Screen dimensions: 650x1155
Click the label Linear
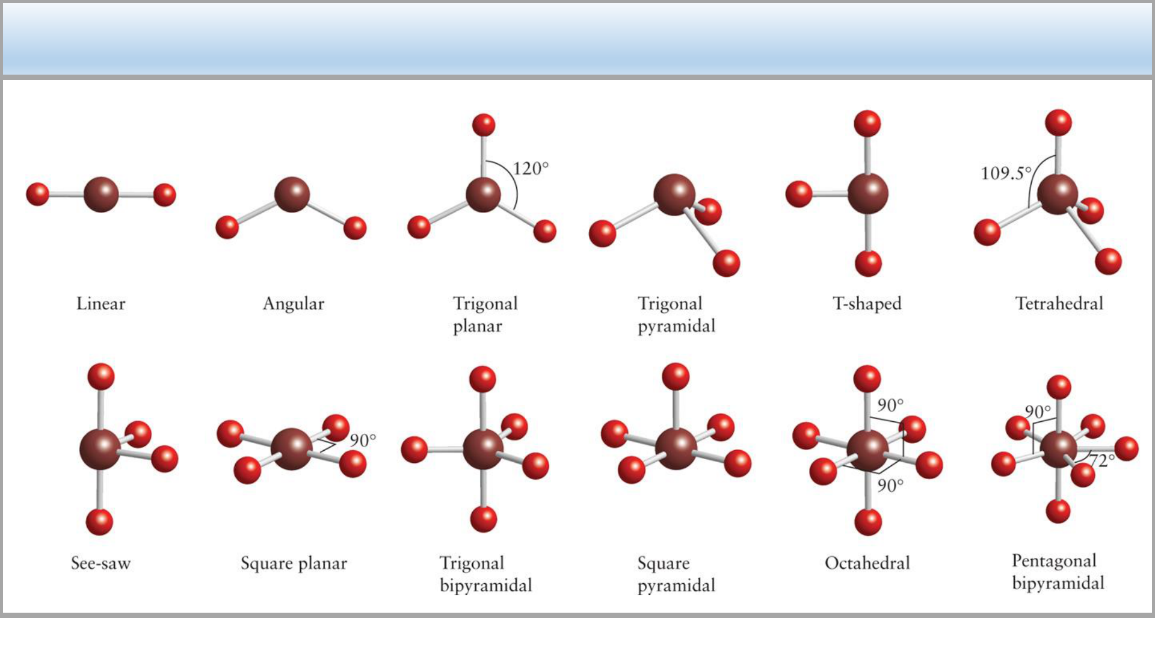100,303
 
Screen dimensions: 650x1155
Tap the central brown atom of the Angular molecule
292,194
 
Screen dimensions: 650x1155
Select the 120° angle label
531,169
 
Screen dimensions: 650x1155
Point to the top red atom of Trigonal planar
484,125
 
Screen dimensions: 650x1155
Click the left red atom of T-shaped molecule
799,194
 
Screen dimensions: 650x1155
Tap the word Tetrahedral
1059,303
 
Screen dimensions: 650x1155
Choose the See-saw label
100,563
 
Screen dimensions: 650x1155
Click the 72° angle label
1101,460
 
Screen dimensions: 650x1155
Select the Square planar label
294,563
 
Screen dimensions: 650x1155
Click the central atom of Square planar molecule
291,449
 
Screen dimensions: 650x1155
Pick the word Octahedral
867,563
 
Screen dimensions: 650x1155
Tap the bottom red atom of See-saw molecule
99,522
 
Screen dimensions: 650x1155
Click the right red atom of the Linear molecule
164,195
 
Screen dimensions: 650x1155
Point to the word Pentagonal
1054,561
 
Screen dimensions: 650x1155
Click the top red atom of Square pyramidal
676,377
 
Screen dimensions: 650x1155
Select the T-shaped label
867,303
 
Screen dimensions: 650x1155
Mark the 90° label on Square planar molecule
363,441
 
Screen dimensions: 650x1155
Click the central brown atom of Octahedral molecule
867,450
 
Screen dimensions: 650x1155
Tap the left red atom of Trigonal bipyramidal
414,450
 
